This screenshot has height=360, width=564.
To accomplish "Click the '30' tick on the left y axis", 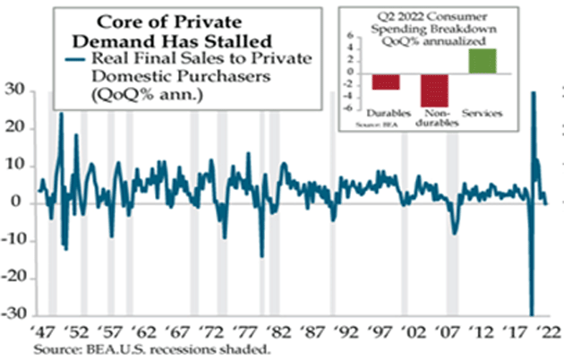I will click(16, 90).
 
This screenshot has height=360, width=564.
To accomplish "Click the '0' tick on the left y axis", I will click(20, 203).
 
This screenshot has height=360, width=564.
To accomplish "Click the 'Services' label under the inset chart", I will click(483, 112).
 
